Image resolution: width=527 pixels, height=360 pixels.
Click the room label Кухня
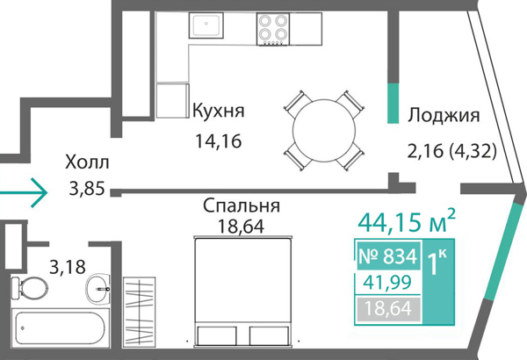pos(217,112)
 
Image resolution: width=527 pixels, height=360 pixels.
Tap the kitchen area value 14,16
pos(217,139)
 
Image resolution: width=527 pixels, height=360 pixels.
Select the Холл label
pos(87,162)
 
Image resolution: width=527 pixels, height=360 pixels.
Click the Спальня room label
pos(241,206)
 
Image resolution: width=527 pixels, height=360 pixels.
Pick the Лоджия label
pos(444,115)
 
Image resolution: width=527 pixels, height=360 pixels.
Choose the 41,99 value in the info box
pos(386,282)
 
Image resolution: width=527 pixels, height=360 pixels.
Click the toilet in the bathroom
pos(32,287)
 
